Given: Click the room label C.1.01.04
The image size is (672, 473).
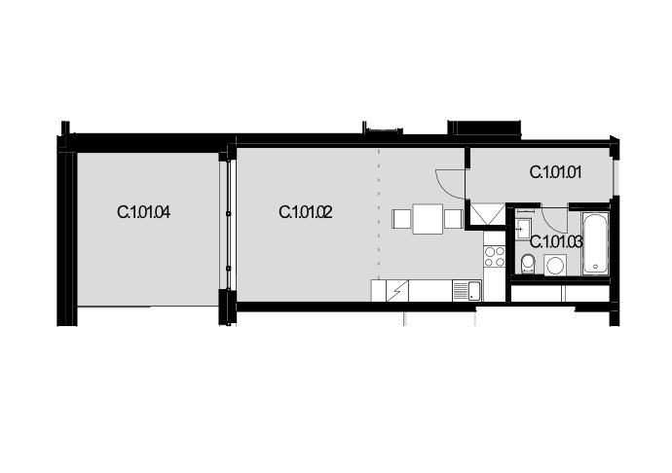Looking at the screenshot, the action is pyautogui.click(x=143, y=212).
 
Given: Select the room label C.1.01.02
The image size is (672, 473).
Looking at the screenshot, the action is pyautogui.click(x=306, y=212).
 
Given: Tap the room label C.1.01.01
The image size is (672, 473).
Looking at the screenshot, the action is pyautogui.click(x=555, y=172).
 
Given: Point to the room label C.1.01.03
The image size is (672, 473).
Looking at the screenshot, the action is pyautogui.click(x=556, y=242).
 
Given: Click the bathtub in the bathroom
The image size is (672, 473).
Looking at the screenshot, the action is pyautogui.click(x=596, y=243).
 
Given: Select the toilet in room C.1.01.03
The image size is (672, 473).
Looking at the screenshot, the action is pyautogui.click(x=528, y=264).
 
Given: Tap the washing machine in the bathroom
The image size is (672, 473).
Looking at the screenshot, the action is pyautogui.click(x=555, y=265).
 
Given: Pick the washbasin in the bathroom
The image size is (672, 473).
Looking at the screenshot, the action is pyautogui.click(x=523, y=228).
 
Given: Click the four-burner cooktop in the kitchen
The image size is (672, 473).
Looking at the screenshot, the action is pyautogui.click(x=495, y=257).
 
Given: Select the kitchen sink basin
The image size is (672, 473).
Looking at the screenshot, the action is pyautogui.click(x=474, y=290).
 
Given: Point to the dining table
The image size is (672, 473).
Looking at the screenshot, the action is pyautogui.click(x=428, y=219).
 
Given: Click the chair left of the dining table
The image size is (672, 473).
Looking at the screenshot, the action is pyautogui.click(x=402, y=219).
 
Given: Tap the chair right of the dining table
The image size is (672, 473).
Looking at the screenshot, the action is pyautogui.click(x=453, y=219).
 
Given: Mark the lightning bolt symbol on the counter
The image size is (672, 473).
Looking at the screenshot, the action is pyautogui.click(x=397, y=291).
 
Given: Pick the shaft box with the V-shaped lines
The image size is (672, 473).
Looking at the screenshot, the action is pyautogui.click(x=488, y=214).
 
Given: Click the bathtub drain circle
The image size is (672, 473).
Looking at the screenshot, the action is pyautogui.click(x=596, y=267).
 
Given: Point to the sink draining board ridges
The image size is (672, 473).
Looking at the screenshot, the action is pyautogui.click(x=461, y=290).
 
